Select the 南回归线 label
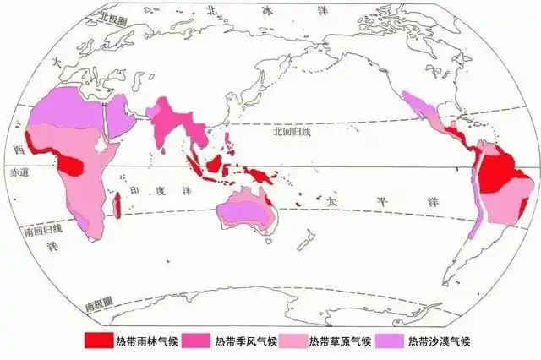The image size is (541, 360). click(30, 228)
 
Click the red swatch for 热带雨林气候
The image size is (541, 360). click(101, 341)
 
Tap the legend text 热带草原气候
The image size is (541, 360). click(338, 341)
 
